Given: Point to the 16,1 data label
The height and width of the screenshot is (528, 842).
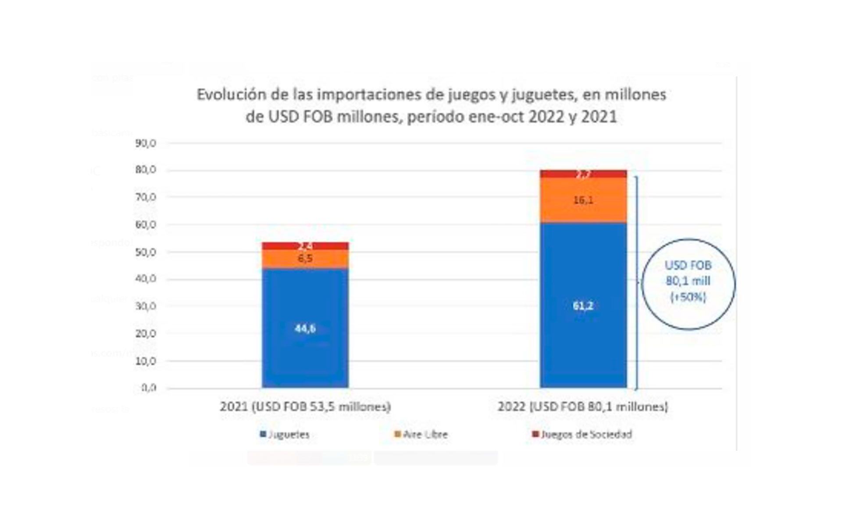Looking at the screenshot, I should (x=583, y=200).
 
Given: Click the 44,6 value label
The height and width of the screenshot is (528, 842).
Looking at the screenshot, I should (x=305, y=328).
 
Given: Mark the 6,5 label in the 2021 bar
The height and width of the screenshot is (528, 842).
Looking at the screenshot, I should (x=305, y=258).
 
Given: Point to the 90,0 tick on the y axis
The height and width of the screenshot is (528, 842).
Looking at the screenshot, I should (x=146, y=143).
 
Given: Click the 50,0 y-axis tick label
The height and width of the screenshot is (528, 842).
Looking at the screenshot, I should (x=146, y=252).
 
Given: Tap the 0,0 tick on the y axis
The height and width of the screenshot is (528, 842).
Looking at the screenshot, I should (x=149, y=388).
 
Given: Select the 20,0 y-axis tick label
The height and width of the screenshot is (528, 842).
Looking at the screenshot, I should (x=146, y=334).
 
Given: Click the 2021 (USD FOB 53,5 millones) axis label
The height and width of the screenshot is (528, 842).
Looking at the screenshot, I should (x=305, y=407).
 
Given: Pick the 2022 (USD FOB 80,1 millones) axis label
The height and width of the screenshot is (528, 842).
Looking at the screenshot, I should (x=583, y=407).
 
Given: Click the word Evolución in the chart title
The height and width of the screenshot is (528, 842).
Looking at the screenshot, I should (x=227, y=95).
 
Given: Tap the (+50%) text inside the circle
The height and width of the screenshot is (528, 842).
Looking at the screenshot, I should (x=688, y=297).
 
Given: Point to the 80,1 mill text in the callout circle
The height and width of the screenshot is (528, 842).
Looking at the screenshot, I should (x=688, y=281).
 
